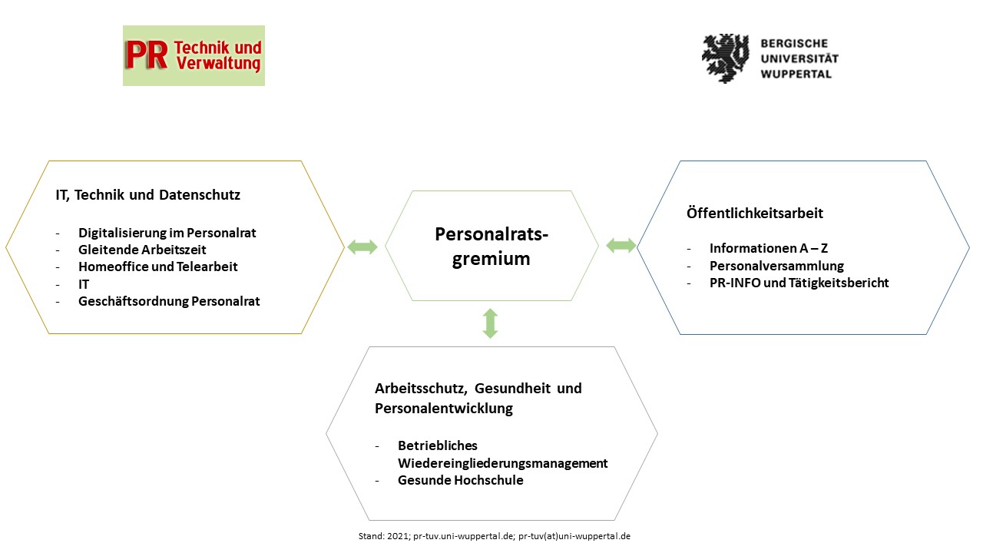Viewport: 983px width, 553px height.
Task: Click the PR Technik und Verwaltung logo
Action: (194, 55)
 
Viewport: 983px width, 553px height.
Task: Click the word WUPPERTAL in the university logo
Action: (796, 74)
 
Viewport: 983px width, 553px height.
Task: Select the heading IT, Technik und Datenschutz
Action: (148, 195)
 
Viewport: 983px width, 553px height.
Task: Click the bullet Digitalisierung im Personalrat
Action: (167, 233)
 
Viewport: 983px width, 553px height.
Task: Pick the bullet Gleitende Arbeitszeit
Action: (142, 250)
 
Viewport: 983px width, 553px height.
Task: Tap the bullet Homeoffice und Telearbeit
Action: (158, 267)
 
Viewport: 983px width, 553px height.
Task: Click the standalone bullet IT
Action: (84, 284)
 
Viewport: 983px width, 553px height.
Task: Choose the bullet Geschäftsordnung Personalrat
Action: (169, 301)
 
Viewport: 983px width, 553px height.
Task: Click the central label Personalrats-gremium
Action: (491, 247)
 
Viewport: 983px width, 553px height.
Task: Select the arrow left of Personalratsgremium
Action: (362, 247)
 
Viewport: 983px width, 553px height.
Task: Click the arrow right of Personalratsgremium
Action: (621, 245)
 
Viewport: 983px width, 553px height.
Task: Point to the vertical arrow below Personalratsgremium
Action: (490, 323)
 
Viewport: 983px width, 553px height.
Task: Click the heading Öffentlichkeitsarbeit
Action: (755, 214)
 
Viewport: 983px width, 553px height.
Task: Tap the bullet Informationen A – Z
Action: (769, 248)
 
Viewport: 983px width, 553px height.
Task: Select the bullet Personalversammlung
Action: (776, 266)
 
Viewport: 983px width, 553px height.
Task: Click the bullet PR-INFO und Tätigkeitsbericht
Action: (799, 283)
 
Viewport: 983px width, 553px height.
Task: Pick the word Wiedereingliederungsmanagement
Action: (503, 463)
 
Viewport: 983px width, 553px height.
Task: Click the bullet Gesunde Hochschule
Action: (460, 480)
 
